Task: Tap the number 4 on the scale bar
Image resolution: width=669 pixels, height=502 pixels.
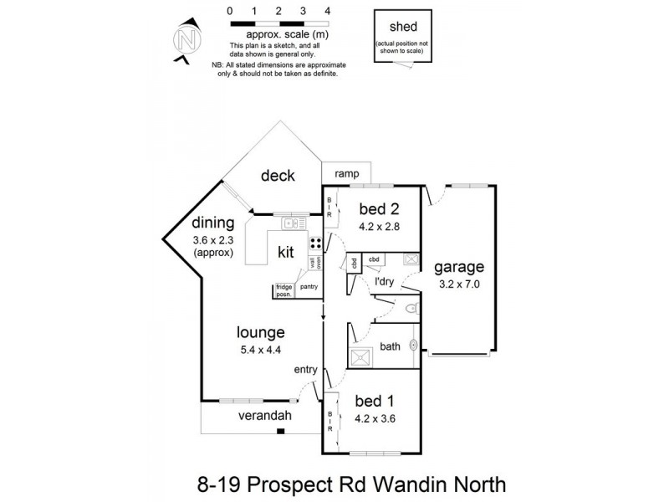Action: [328, 11]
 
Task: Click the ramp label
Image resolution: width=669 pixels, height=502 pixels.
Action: [347, 173]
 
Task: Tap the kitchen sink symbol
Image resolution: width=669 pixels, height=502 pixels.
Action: [293, 223]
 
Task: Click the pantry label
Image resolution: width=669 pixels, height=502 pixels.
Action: [309, 286]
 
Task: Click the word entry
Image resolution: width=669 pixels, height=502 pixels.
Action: [305, 369]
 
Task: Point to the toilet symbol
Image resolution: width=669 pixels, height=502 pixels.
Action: [409, 310]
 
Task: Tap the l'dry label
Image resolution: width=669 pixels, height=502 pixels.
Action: [384, 282]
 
